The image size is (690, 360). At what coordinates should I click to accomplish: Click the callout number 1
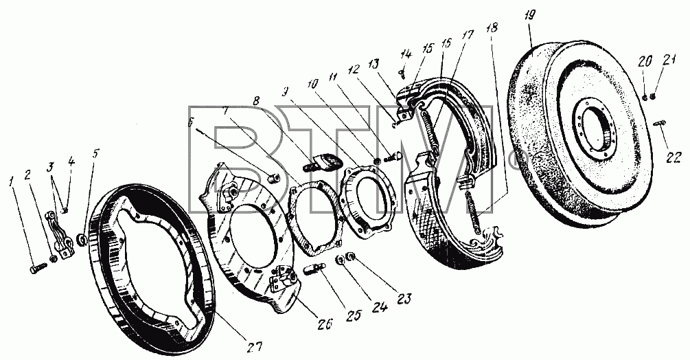tap(12, 181)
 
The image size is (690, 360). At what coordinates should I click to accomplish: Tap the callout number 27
tap(254, 347)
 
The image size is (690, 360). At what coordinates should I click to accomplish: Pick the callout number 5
tap(96, 154)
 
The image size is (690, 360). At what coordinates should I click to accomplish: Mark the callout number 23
tap(405, 300)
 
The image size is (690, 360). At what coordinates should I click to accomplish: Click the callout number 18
tap(492, 28)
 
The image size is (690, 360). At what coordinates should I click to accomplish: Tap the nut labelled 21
tap(654, 96)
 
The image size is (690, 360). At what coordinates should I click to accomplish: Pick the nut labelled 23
tap(351, 256)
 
